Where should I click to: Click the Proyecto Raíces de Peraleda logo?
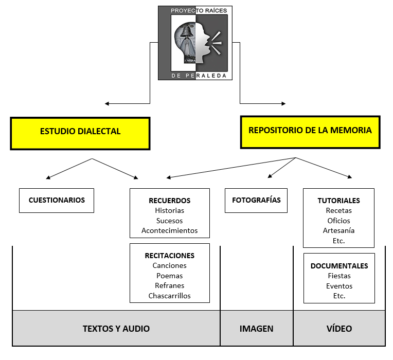[x=195, y=43]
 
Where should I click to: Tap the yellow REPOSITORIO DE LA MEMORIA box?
[x=310, y=131]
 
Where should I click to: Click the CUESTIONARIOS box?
[x=57, y=200]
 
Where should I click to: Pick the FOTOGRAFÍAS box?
[x=256, y=200]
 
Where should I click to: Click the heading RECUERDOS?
[x=169, y=201]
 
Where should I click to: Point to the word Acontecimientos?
[x=169, y=230]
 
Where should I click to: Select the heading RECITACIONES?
[x=169, y=256]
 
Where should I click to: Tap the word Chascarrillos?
[x=169, y=296]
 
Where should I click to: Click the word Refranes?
[x=169, y=285]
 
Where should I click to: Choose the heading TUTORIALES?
[x=338, y=201]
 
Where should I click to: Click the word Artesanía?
[x=338, y=230]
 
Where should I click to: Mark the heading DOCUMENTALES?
[x=339, y=266]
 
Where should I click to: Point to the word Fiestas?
[x=339, y=276]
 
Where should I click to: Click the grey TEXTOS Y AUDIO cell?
[x=116, y=328]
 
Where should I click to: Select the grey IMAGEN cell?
[x=256, y=328]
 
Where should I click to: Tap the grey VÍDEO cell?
[x=339, y=328]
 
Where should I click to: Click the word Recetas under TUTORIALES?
[x=338, y=210]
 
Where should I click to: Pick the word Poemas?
[x=169, y=276]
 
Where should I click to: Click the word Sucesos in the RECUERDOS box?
[x=169, y=221]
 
